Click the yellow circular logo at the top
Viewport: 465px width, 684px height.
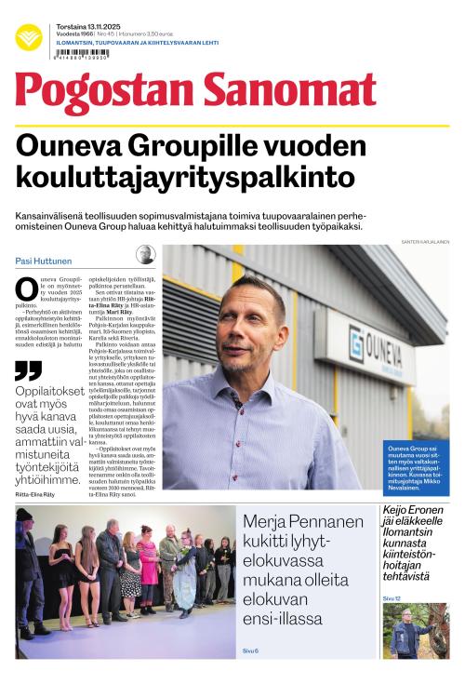29,37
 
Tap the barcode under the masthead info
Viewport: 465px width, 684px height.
83,54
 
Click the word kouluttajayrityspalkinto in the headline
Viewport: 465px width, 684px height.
186,177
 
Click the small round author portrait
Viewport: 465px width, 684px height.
146,255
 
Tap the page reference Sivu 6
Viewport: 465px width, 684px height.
250,650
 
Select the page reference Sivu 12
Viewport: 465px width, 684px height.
392,597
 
